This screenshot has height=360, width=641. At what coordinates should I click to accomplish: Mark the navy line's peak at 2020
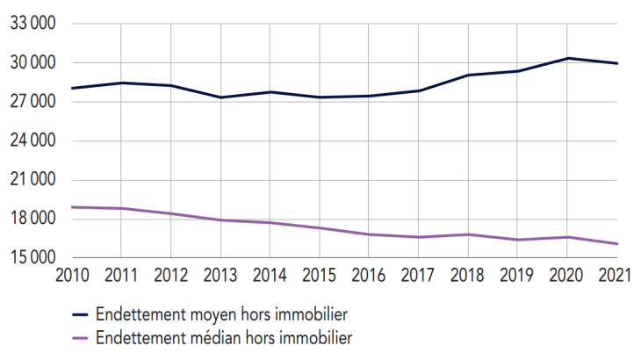coord(569,58)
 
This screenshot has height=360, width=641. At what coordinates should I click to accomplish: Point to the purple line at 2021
coord(618,244)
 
